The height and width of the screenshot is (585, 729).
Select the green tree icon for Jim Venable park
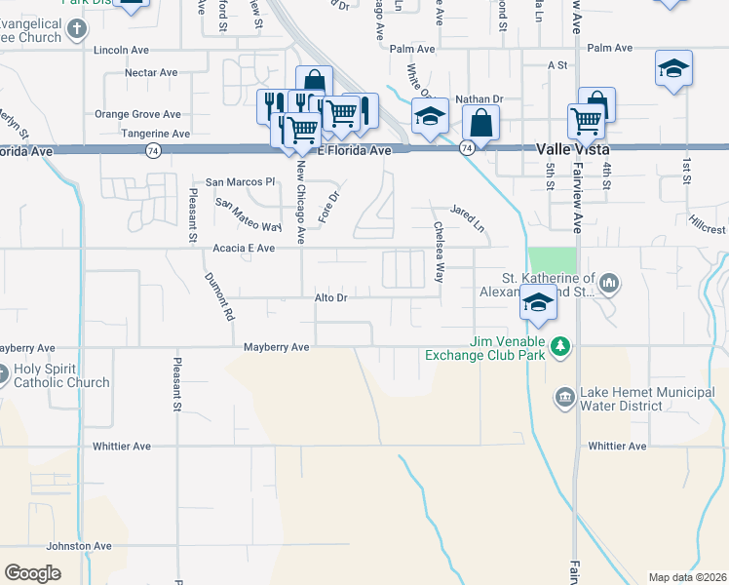click(560, 345)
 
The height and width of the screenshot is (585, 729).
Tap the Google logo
click(32, 573)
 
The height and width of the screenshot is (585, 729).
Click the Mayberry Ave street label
click(276, 347)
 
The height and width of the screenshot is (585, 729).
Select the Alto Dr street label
click(330, 296)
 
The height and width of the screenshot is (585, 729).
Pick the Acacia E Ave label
click(244, 249)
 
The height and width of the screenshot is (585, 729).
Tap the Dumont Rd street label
click(219, 297)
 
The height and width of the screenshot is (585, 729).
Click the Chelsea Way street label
click(439, 251)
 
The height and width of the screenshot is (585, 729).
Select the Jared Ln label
click(467, 211)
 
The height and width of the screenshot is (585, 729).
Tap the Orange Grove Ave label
click(137, 114)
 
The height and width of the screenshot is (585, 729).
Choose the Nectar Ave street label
click(151, 73)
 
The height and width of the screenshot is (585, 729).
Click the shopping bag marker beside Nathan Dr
click(480, 124)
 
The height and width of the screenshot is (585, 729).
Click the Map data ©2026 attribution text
click(687, 577)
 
